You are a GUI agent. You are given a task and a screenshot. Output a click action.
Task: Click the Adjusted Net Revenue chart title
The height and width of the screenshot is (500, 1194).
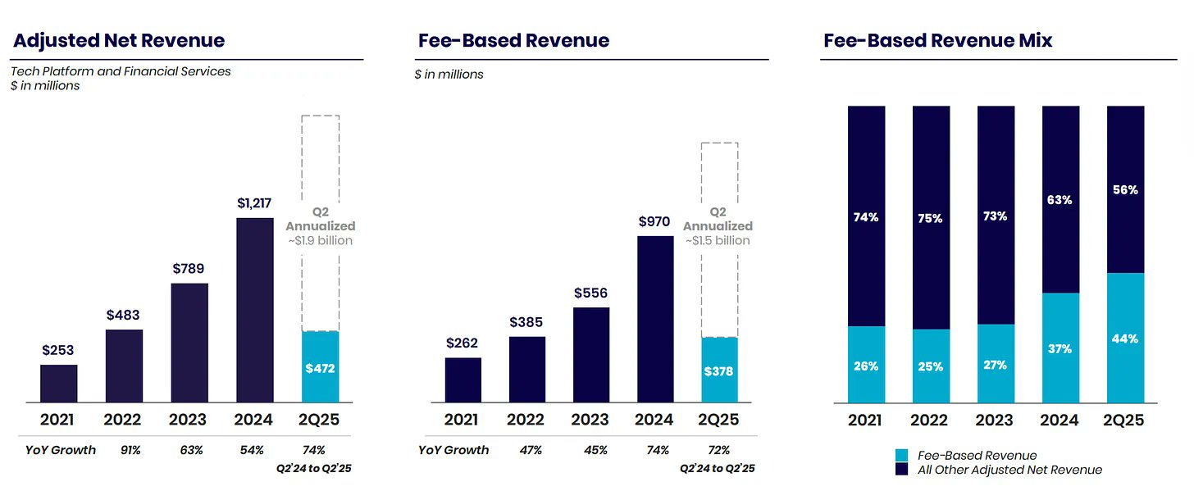(x=119, y=40)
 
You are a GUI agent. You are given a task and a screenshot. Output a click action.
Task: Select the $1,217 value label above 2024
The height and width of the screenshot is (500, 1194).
(x=254, y=202)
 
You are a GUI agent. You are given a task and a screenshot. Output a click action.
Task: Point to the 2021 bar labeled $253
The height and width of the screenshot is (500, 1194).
(x=59, y=384)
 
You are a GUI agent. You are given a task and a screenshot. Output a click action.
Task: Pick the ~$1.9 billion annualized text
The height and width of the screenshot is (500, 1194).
(x=320, y=240)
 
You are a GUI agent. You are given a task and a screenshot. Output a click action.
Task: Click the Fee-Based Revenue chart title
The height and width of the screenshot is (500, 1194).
(x=513, y=40)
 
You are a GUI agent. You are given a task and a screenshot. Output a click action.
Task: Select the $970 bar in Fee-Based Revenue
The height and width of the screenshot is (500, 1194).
(x=654, y=319)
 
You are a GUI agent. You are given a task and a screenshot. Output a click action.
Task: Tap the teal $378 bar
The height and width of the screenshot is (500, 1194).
(x=719, y=370)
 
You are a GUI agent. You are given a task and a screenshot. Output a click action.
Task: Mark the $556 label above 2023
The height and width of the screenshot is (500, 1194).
(x=590, y=293)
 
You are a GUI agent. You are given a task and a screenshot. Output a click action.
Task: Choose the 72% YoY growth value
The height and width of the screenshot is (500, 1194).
(x=718, y=450)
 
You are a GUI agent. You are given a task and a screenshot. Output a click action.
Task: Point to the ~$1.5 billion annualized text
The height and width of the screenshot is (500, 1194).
(x=718, y=240)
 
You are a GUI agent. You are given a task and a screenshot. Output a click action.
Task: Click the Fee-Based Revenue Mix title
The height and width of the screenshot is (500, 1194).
(x=937, y=40)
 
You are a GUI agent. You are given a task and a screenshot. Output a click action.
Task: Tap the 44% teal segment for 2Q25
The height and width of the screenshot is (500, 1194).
(x=1125, y=337)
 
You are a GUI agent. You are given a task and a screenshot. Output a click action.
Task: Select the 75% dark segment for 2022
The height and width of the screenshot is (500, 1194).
(x=931, y=218)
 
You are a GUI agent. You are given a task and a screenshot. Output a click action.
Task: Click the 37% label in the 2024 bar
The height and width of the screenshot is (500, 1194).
(x=1060, y=349)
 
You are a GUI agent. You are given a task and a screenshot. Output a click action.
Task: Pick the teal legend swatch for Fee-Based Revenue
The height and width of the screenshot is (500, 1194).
(x=901, y=455)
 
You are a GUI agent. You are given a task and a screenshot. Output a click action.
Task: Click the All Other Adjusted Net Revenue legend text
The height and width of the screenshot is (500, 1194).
(x=1009, y=470)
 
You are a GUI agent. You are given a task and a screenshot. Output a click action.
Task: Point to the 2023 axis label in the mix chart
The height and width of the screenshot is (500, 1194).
(x=995, y=420)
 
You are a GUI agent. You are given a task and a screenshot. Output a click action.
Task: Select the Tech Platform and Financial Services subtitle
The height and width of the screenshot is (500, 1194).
(x=121, y=71)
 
